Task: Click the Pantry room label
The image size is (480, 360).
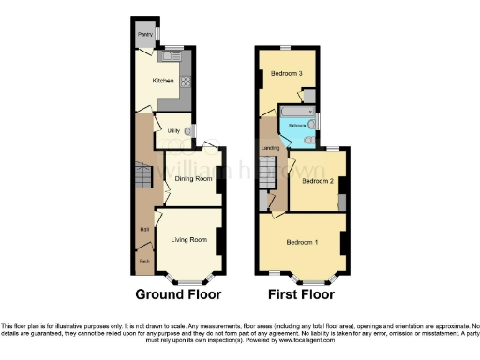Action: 145,35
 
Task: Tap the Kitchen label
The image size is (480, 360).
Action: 163,81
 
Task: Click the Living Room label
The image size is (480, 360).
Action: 187,240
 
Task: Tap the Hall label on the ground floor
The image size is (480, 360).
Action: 144,230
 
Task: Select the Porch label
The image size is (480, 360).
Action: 144,260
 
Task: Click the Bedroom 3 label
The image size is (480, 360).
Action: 287,73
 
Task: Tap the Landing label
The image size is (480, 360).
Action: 270,147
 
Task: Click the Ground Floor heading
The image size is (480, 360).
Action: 178,294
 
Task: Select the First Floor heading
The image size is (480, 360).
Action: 302,294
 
